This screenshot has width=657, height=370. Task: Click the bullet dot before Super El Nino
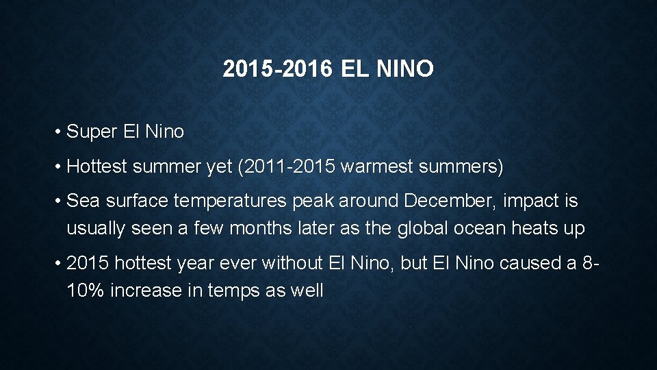(x=60, y=132)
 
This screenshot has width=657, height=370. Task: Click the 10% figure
(x=86, y=291)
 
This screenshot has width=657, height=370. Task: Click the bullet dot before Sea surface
(x=60, y=201)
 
